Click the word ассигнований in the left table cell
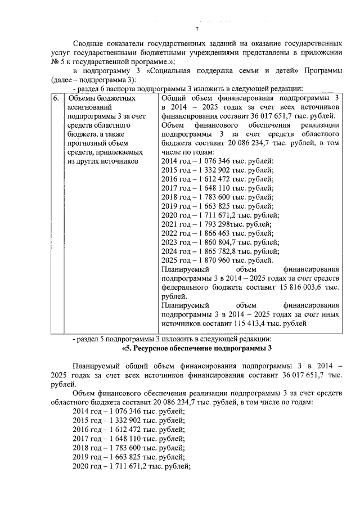[x=88, y=107]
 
